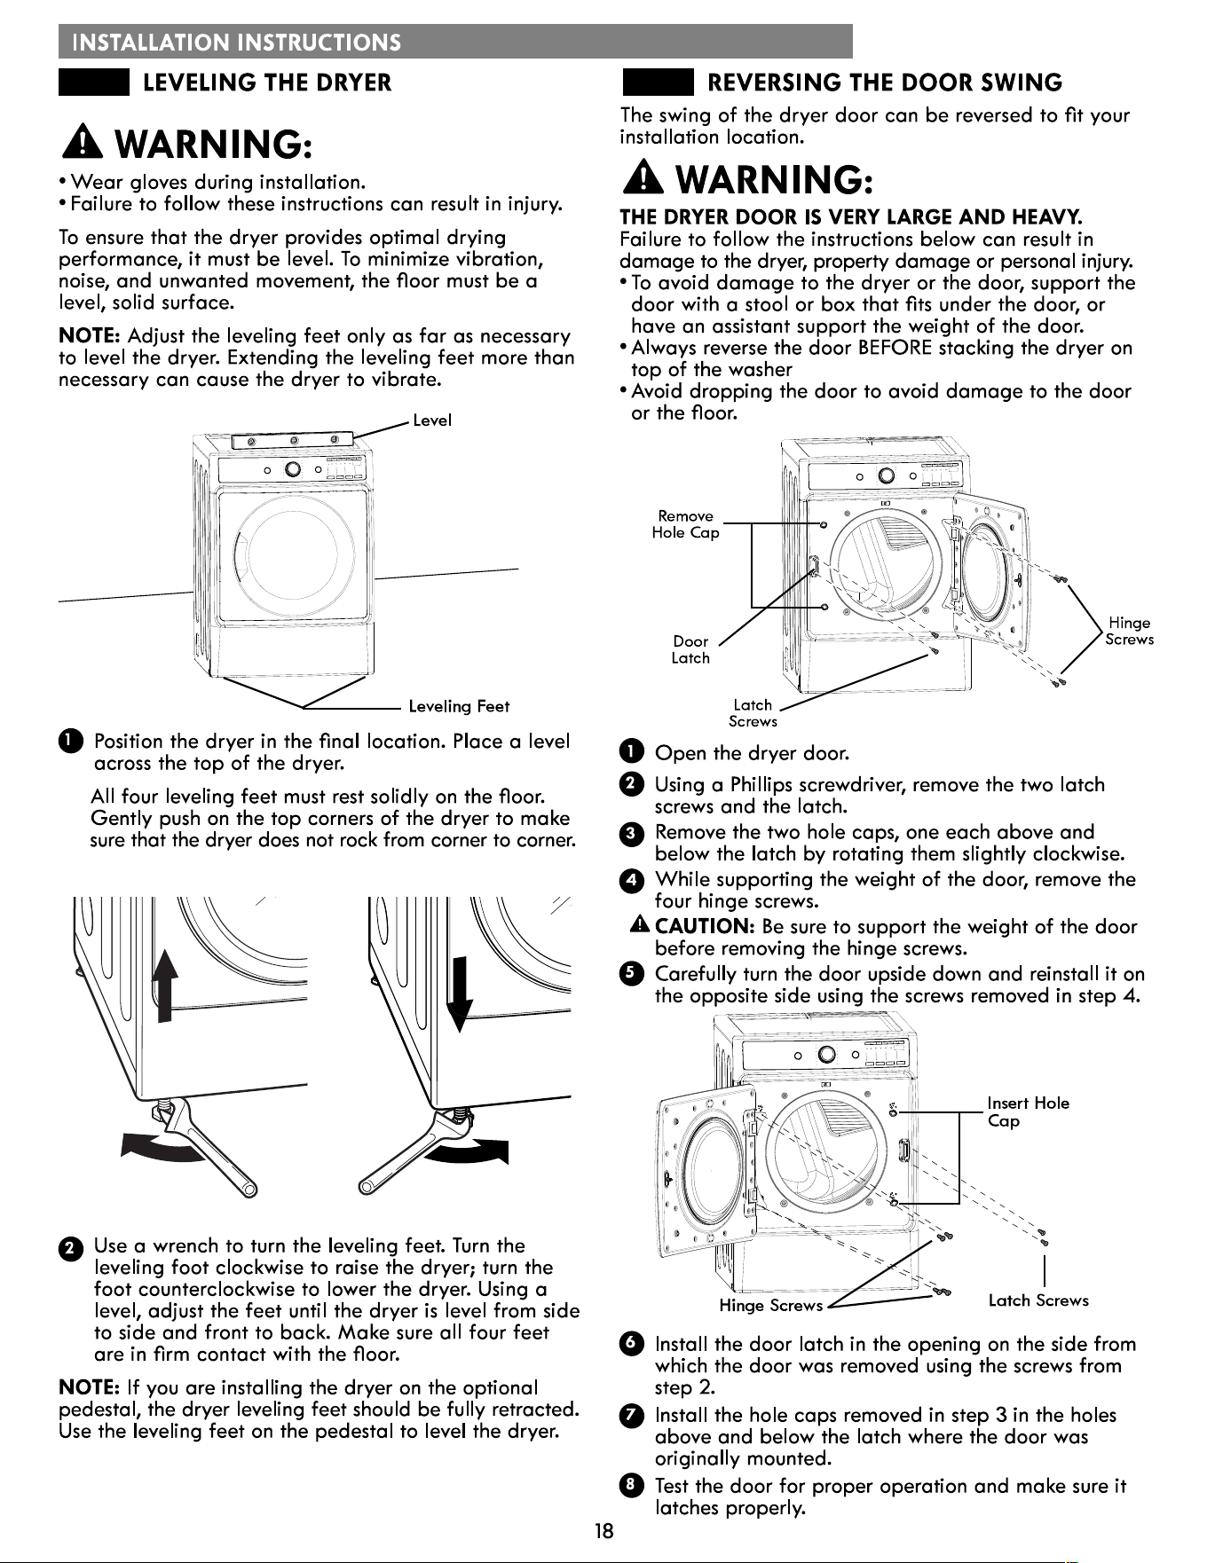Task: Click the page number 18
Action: pos(603,1531)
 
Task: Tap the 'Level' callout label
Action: pos(432,420)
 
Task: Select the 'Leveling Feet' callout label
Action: pos(459,706)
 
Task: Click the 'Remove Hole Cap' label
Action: pos(685,524)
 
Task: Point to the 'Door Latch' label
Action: pos(690,649)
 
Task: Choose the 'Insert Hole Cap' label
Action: pos(1028,1111)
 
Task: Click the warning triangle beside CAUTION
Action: pos(640,925)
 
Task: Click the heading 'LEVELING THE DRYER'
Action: pos(267,83)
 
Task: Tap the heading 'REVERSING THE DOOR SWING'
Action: pos(884,83)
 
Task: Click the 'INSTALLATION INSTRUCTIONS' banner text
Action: pos(237,43)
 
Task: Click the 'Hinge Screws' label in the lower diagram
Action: pos(770,1306)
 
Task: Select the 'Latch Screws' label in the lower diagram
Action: pos(1038,1300)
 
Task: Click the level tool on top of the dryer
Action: pos(293,441)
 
